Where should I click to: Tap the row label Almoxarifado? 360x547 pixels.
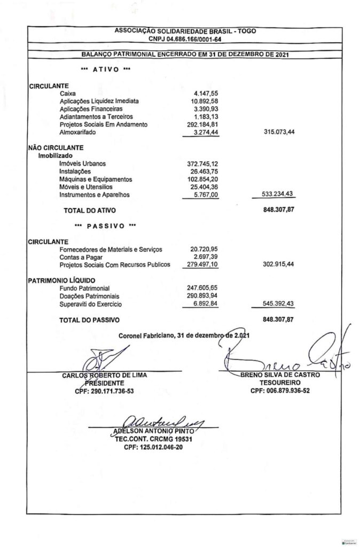coord(80,132)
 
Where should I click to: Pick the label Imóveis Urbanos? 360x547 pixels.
coord(83,163)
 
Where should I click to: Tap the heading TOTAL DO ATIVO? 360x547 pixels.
coord(89,211)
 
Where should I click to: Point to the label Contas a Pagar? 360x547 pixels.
coord(82,257)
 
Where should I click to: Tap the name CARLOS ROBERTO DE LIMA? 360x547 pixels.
coord(105,375)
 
